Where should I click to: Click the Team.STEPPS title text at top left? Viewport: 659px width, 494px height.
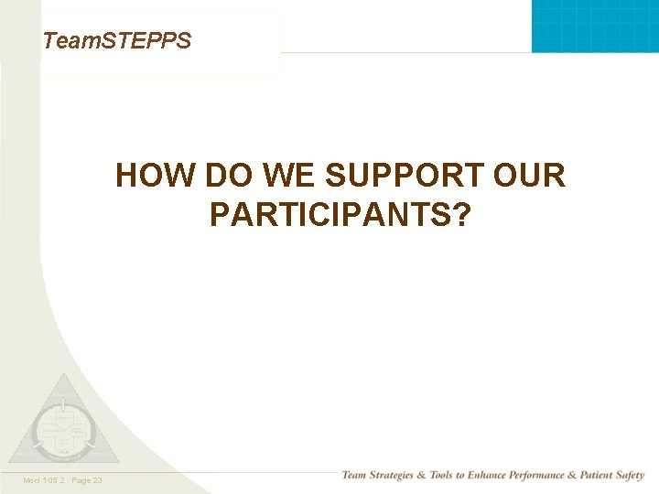point(116,40)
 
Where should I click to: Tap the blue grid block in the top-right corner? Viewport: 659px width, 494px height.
point(595,26)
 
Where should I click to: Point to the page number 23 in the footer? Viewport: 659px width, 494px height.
point(97,480)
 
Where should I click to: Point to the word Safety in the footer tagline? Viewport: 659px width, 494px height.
point(630,476)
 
